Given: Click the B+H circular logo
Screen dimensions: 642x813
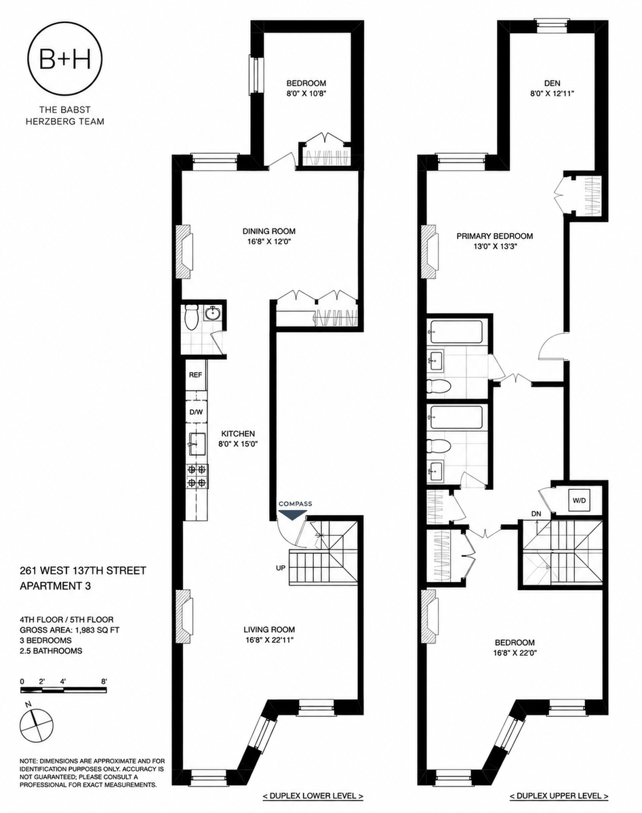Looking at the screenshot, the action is click(x=65, y=60).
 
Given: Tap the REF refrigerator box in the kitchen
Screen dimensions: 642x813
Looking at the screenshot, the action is click(x=196, y=375).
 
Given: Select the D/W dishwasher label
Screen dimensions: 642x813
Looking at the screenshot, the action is click(x=196, y=412).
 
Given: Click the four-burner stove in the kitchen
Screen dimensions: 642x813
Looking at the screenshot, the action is click(x=197, y=476).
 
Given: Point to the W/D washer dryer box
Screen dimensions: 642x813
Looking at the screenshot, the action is click(x=579, y=501).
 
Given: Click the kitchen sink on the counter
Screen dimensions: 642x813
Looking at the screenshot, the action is click(x=197, y=444).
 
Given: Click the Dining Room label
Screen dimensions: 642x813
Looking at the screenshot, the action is click(x=269, y=231).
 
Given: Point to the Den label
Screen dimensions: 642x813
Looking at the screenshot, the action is click(x=553, y=83).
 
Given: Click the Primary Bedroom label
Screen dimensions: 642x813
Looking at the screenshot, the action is click(x=494, y=236).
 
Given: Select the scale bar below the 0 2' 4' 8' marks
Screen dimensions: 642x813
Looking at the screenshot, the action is click(x=64, y=690).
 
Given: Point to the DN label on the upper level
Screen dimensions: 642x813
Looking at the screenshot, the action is click(x=536, y=514).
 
